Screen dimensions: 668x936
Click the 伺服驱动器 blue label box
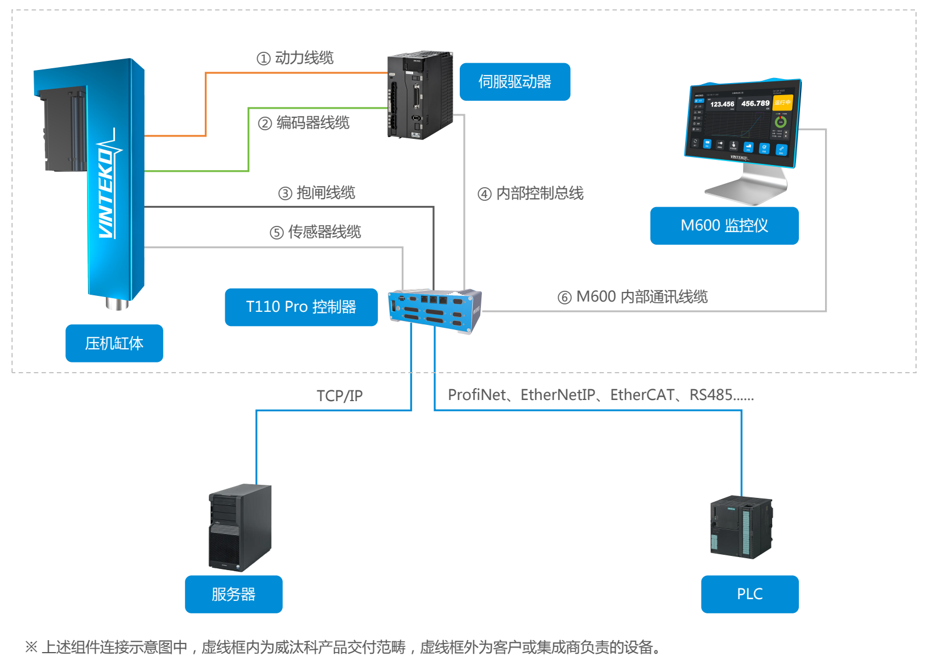tap(514, 82)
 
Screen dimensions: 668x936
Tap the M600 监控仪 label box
tap(724, 226)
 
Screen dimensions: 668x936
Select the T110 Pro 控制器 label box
tap(301, 307)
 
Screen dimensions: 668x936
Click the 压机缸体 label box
tap(114, 343)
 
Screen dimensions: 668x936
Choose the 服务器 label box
tap(233, 594)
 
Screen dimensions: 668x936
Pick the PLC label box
tap(749, 594)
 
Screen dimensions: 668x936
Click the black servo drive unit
tap(420, 95)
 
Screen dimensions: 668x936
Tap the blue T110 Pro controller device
tap(435, 311)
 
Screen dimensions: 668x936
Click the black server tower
tap(240, 527)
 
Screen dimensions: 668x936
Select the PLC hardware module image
tap(741, 527)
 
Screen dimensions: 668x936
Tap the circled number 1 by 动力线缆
tap(263, 59)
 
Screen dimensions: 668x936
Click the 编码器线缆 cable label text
tap(313, 123)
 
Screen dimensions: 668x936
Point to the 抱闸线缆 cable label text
tap(325, 193)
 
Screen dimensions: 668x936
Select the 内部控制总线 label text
tap(539, 193)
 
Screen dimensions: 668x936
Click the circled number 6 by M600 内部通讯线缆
tap(564, 298)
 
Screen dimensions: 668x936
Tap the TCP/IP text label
tap(339, 396)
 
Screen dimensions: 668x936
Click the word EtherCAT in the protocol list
tap(642, 395)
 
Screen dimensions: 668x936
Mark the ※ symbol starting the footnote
tap(31, 647)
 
